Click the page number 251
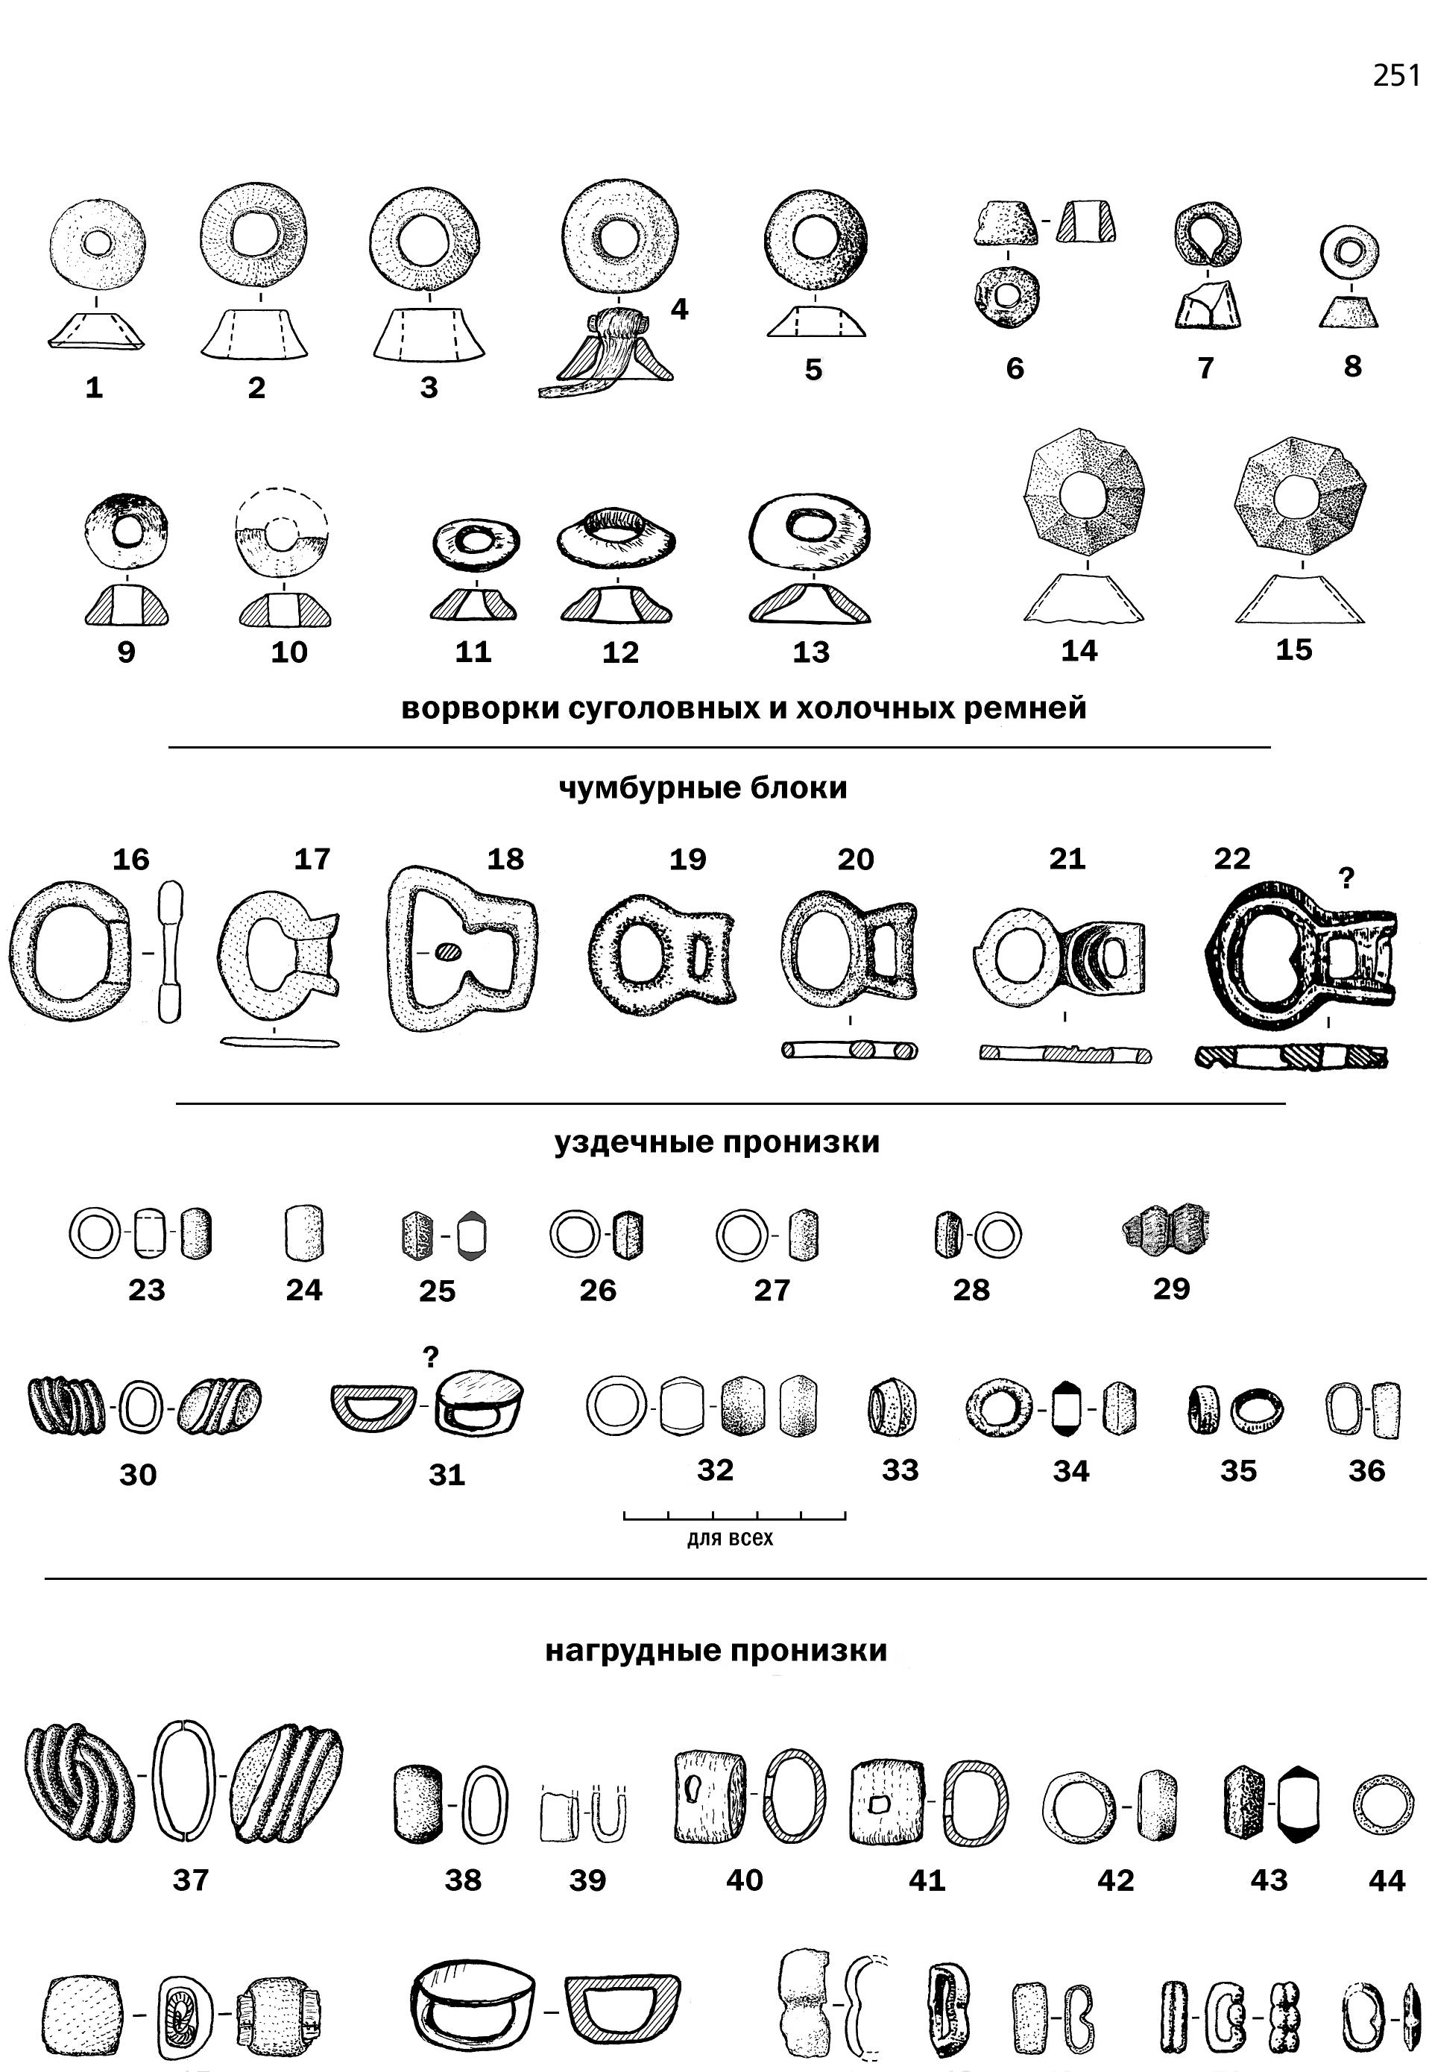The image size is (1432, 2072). [x=1395, y=76]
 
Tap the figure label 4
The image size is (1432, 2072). [x=679, y=309]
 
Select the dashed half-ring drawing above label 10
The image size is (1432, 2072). [x=281, y=532]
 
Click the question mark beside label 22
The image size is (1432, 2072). [x=1346, y=878]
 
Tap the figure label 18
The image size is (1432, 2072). [x=505, y=859]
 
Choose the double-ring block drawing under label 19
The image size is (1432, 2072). [x=662, y=951]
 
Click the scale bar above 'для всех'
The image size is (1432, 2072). [x=735, y=1516]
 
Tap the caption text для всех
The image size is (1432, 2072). [x=730, y=1538]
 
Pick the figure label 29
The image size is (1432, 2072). [x=1171, y=1288]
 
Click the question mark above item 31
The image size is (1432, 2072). [x=431, y=1357]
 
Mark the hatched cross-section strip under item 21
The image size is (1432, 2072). [x=1065, y=1054]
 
